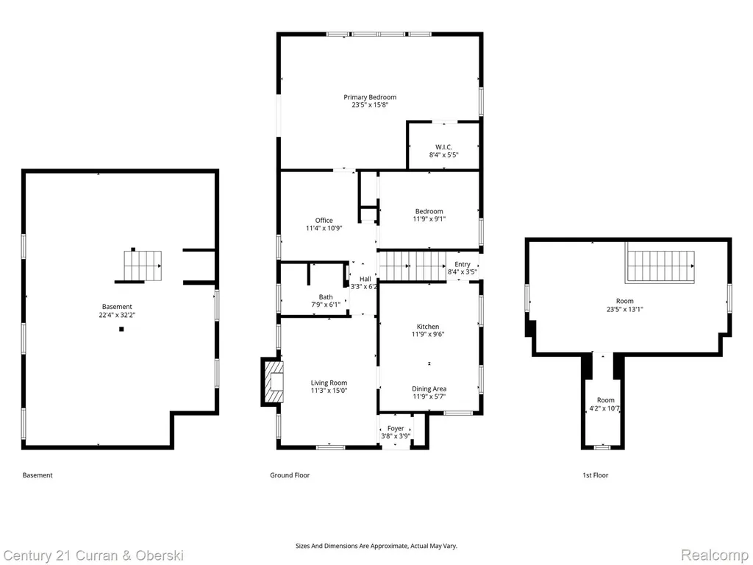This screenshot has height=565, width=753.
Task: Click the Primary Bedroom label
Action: click(x=370, y=97)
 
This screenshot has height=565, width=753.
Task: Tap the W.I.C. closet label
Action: click(x=443, y=147)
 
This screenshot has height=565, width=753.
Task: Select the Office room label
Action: click(x=324, y=221)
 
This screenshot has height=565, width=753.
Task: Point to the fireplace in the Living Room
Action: click(x=273, y=382)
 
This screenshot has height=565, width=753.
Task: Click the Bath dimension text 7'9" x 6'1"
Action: click(x=326, y=305)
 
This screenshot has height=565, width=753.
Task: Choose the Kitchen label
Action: click(x=428, y=327)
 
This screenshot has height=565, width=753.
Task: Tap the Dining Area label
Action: click(x=429, y=388)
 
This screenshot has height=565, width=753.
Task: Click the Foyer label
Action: click(x=396, y=429)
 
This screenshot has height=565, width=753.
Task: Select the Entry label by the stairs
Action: click(x=463, y=264)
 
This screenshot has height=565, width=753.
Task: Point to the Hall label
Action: click(x=365, y=279)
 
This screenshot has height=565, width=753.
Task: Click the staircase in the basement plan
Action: click(x=143, y=266)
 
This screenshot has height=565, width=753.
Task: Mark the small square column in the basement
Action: click(x=121, y=329)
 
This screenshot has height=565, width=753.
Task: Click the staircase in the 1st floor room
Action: click(x=660, y=266)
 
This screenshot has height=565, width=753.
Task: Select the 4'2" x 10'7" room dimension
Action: click(x=604, y=409)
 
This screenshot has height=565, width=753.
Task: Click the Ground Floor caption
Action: click(x=290, y=475)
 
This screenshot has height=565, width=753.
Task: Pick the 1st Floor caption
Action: click(x=596, y=475)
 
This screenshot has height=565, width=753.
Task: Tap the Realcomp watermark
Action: click(x=715, y=555)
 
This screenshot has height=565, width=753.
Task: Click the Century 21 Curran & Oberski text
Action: click(x=93, y=556)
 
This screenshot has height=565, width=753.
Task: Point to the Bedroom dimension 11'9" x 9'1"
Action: click(x=429, y=219)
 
